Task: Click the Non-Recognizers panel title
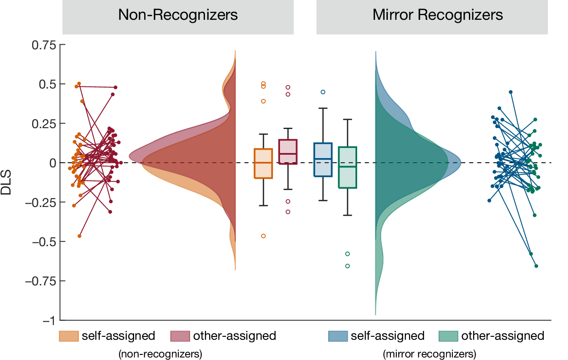(178, 15)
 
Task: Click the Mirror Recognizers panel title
(438, 15)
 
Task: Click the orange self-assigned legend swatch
(69, 336)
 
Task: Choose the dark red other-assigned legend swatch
(180, 336)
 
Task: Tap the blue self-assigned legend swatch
(338, 336)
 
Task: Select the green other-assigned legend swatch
(448, 336)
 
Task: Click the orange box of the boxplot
(263, 164)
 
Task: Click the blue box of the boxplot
(323, 160)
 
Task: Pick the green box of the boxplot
(347, 167)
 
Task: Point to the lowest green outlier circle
(347, 266)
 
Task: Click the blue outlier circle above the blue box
(323, 92)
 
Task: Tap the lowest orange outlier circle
(263, 236)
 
